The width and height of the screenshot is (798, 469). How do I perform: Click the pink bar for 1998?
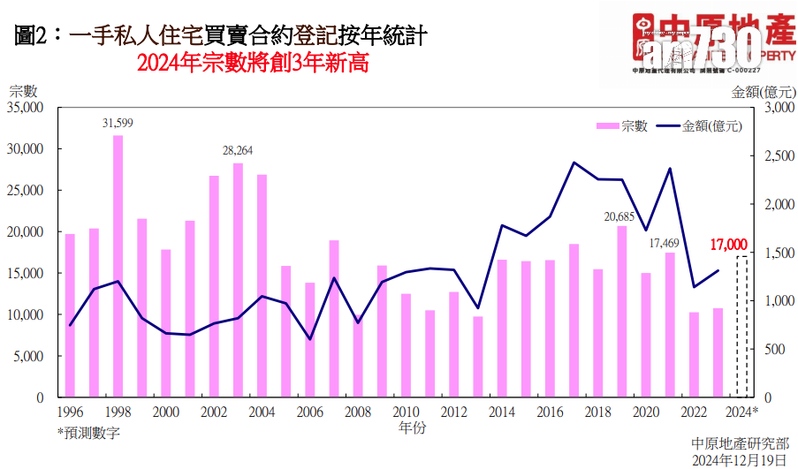click(x=118, y=266)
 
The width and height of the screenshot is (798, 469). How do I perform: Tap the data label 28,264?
click(x=238, y=150)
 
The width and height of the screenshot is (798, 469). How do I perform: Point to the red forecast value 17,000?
click(x=729, y=245)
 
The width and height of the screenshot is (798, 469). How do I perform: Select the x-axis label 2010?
click(x=406, y=412)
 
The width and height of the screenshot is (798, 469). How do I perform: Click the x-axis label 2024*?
click(x=743, y=412)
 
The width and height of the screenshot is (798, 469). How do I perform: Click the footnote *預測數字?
click(x=89, y=433)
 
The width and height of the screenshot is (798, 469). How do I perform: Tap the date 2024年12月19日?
click(x=740, y=460)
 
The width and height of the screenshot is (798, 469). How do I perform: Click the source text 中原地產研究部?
click(x=740, y=444)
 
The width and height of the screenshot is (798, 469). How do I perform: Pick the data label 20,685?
click(x=621, y=215)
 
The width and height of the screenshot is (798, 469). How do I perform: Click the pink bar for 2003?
click(x=238, y=280)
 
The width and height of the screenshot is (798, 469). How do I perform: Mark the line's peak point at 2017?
click(x=574, y=163)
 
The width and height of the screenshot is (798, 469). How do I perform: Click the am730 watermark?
click(x=703, y=44)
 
